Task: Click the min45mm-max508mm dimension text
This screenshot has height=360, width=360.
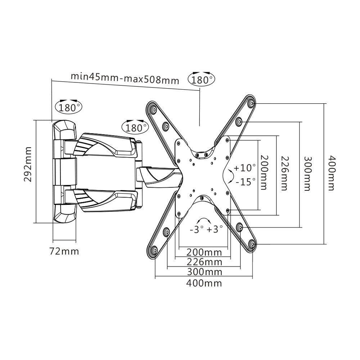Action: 124,78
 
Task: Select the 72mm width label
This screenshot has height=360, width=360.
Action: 64,251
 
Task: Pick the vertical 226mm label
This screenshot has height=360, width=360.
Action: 284,173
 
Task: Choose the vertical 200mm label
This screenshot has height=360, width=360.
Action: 264,173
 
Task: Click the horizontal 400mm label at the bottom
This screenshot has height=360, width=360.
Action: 204,283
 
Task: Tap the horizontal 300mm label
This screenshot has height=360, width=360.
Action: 204,271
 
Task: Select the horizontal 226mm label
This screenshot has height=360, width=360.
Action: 204,261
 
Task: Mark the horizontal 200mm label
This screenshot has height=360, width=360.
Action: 204,251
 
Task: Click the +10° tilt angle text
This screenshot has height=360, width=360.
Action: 244,167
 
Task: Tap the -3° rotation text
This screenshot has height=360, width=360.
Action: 197,229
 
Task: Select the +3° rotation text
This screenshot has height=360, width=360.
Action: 215,229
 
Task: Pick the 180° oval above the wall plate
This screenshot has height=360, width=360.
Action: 68,107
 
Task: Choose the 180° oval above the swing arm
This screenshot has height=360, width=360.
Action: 135,127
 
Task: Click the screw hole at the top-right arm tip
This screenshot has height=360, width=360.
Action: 251,103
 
